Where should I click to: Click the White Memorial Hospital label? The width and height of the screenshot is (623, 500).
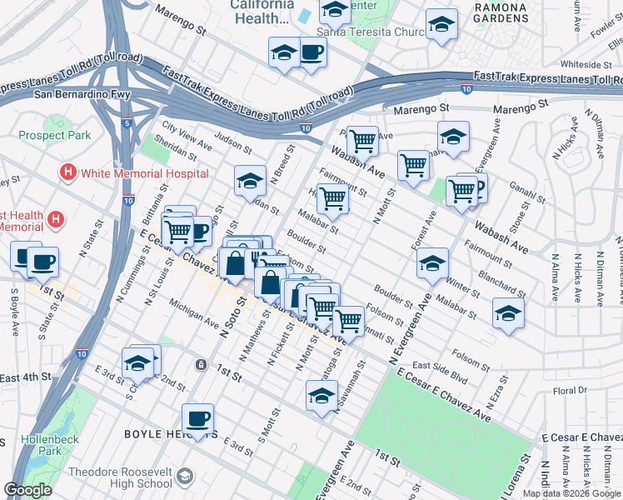tap(143, 173)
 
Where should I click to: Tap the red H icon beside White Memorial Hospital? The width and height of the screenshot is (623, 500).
tap(68, 173)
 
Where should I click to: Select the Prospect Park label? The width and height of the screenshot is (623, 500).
tap(54, 135)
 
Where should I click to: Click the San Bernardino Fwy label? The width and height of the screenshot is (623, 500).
tap(82, 94)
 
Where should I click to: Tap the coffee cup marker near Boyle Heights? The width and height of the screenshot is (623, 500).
tap(197, 418)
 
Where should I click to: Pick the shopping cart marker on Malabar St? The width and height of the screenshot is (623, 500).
tap(332, 198)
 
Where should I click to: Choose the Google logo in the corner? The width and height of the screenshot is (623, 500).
tap(27, 490)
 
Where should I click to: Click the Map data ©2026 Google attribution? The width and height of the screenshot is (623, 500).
tap(572, 493)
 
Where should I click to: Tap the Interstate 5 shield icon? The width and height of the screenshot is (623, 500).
tap(127, 123)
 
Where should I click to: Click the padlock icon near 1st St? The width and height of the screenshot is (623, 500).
tap(201, 364)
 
